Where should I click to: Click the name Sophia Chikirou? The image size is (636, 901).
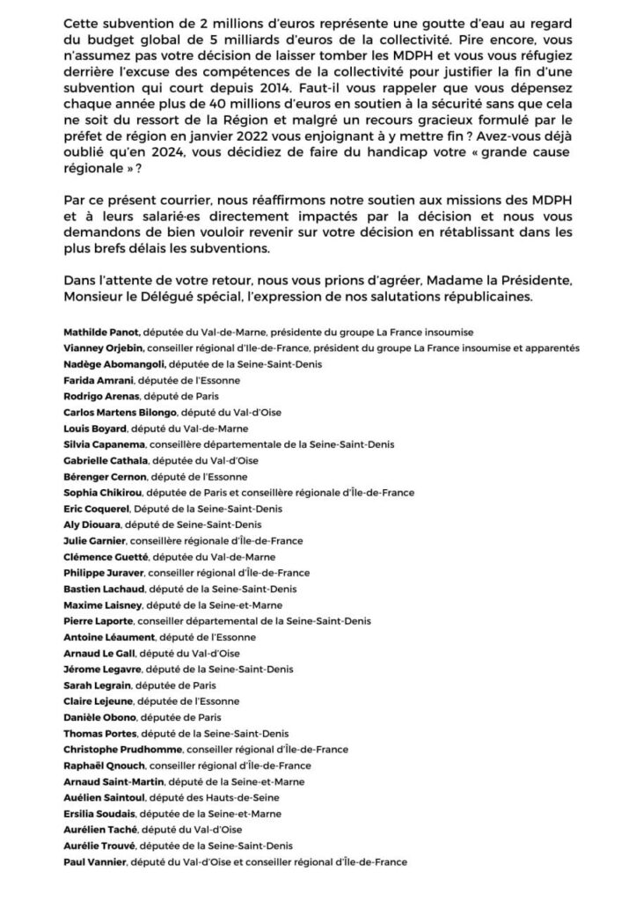coord(104,493)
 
